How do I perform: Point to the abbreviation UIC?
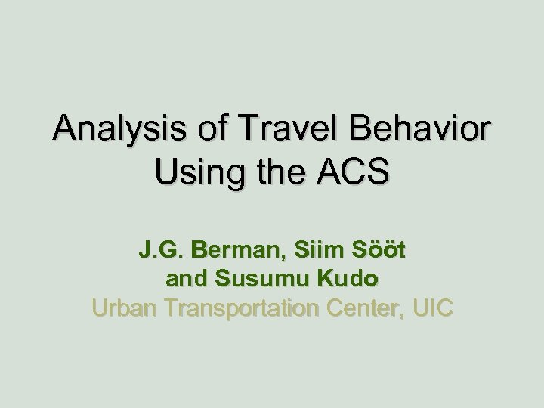tap(434, 308)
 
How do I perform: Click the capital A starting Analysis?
tap(65, 130)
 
